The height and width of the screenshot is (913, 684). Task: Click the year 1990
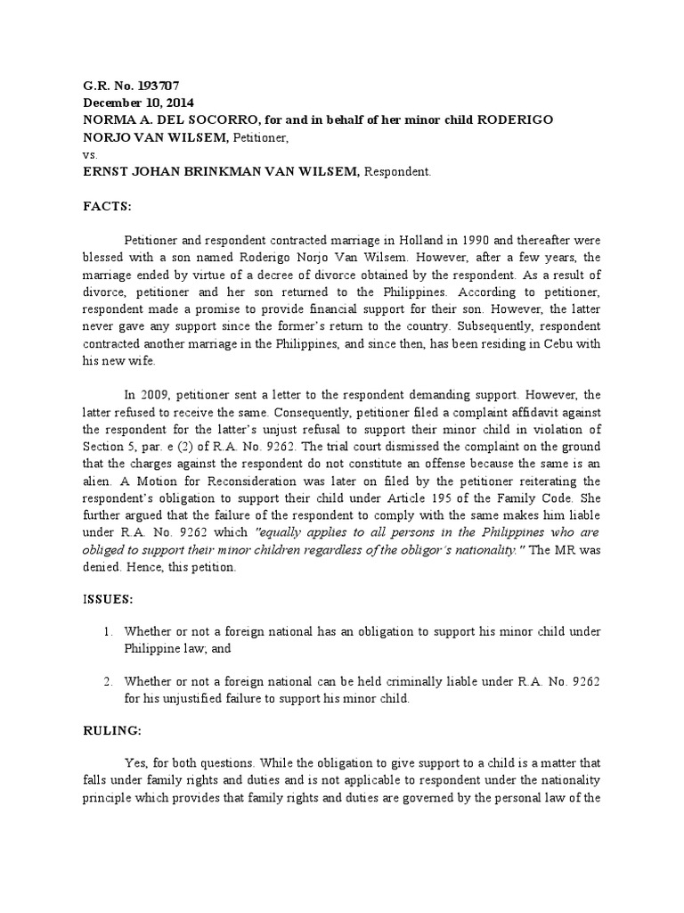447,240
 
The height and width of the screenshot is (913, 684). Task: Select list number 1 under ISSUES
107,631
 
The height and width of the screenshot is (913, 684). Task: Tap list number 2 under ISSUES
107,682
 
